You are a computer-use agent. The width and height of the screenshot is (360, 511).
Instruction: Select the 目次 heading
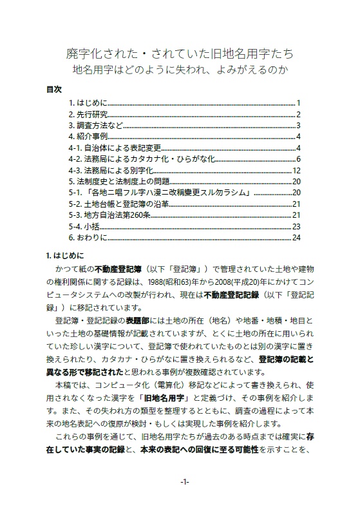[54, 89]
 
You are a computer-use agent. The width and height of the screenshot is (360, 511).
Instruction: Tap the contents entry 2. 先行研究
[88, 114]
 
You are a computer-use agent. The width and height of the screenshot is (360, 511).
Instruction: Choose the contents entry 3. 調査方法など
[95, 125]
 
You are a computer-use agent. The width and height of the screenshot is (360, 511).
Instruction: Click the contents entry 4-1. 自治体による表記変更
[115, 148]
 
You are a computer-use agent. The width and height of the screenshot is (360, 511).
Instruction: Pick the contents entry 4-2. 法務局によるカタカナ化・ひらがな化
[140, 159]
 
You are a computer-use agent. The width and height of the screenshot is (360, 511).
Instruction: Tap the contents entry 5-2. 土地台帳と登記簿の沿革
[119, 204]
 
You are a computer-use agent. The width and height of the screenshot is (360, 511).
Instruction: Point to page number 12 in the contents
[297, 170]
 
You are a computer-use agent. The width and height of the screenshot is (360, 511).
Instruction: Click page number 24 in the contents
[297, 237]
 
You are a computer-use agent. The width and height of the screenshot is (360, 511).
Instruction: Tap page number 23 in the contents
[297, 226]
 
